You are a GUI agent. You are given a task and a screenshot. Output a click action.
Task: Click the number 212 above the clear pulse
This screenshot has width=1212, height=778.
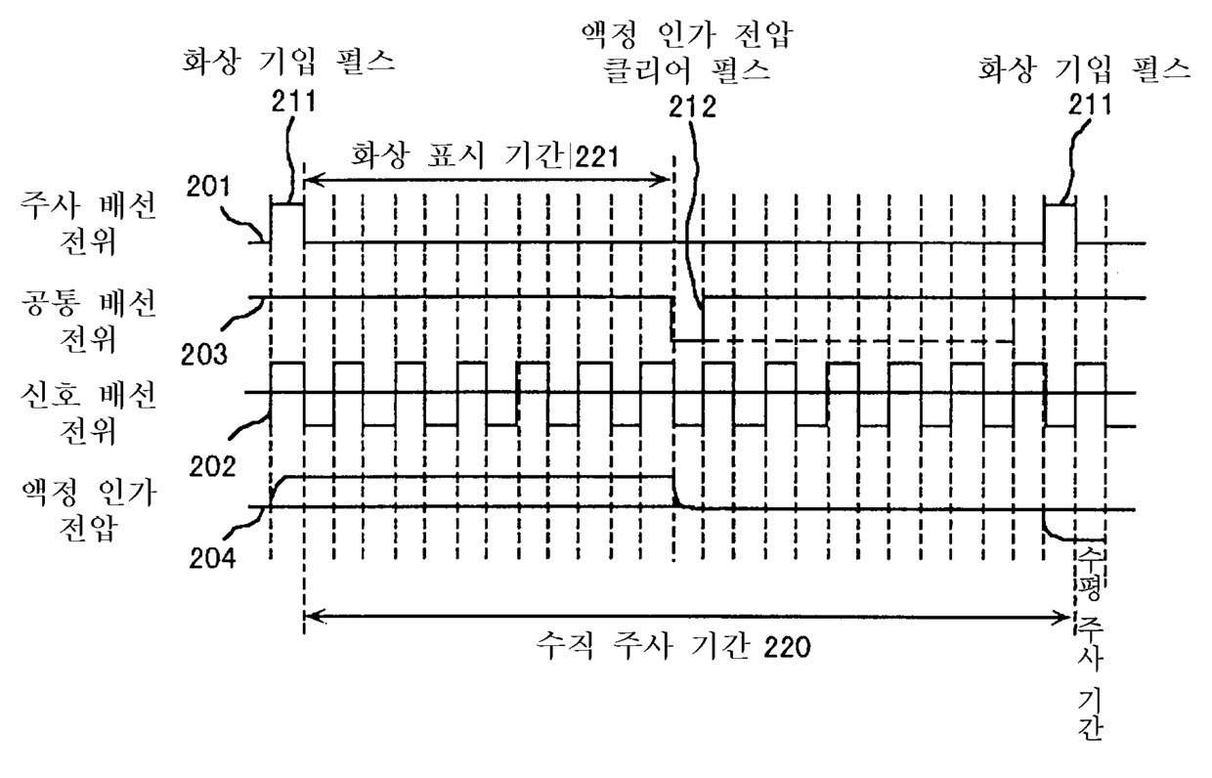[x=691, y=107]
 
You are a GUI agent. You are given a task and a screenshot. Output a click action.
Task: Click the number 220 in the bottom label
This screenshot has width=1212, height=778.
[x=781, y=647]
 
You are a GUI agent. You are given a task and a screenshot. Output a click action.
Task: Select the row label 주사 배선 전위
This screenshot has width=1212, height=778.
[x=88, y=225]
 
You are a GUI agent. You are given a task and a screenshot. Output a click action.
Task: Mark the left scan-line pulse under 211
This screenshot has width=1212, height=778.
[x=287, y=221]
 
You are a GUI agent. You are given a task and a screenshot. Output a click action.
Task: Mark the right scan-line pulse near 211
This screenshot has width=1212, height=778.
[x=1060, y=221]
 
